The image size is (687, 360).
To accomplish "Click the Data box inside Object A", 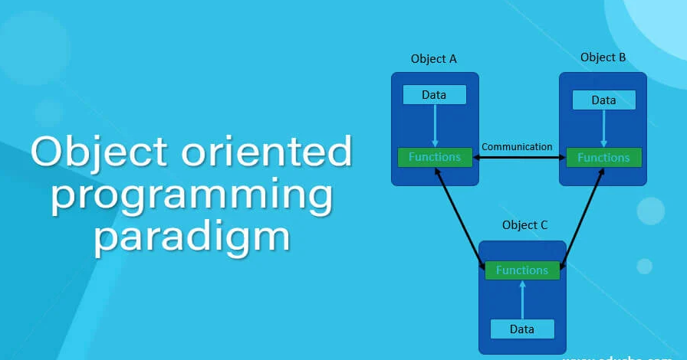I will click(x=435, y=95).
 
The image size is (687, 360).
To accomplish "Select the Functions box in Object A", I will click(x=435, y=157).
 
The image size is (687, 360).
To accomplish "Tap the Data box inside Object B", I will click(x=603, y=100).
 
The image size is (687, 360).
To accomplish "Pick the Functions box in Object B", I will click(x=603, y=158).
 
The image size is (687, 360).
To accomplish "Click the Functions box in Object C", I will click(x=522, y=270).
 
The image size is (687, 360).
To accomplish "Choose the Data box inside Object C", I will click(x=522, y=329).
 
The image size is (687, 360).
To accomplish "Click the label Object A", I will click(x=434, y=59).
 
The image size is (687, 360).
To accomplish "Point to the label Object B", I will click(x=603, y=57).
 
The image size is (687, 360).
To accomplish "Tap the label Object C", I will click(x=525, y=225).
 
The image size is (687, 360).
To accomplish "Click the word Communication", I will click(x=517, y=146).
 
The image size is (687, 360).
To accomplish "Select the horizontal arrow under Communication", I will click(x=519, y=158).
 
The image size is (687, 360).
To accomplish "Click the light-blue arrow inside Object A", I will click(x=435, y=125).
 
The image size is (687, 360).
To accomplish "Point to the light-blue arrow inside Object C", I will click(x=522, y=299).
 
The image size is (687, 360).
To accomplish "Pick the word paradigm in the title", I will click(x=192, y=237).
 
